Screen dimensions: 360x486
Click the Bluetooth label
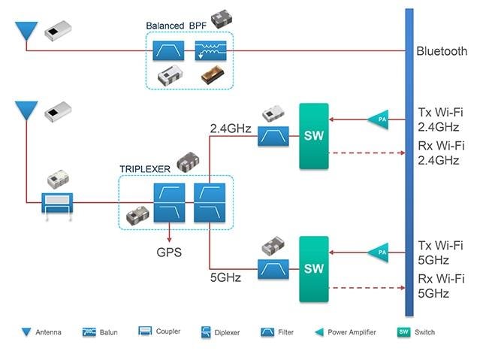click(442, 52)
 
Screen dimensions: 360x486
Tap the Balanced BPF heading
click(176, 25)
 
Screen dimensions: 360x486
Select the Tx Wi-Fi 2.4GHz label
click(440, 119)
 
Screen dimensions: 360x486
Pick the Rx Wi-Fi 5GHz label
click(440, 286)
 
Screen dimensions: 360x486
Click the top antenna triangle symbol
click(26, 31)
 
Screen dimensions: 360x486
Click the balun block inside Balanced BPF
click(210, 51)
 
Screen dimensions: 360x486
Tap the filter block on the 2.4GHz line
click(269, 135)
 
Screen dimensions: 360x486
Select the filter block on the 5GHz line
click(269, 268)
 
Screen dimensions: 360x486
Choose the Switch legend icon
click(403, 331)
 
